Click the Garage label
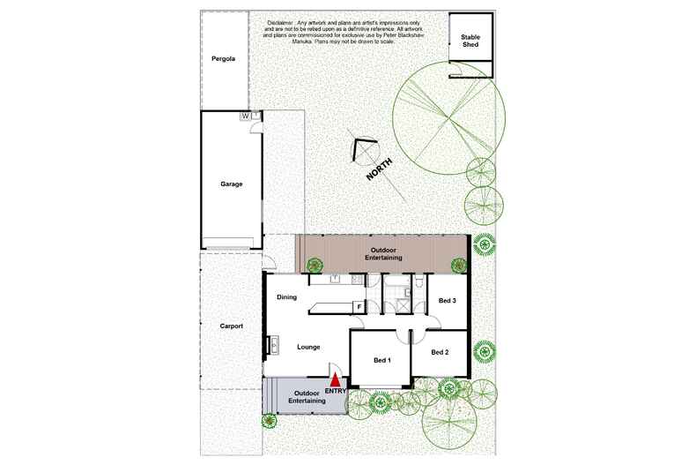(231, 184)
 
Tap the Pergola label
(224, 59)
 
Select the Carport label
(231, 326)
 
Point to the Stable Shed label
(470, 40)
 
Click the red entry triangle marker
(334, 378)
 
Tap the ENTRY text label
(336, 391)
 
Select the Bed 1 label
(382, 360)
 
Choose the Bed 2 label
(440, 352)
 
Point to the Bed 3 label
(448, 302)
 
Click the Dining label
(287, 297)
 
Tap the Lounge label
(307, 347)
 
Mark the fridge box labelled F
(358, 307)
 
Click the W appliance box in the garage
(245, 116)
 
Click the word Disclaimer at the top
(281, 23)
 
